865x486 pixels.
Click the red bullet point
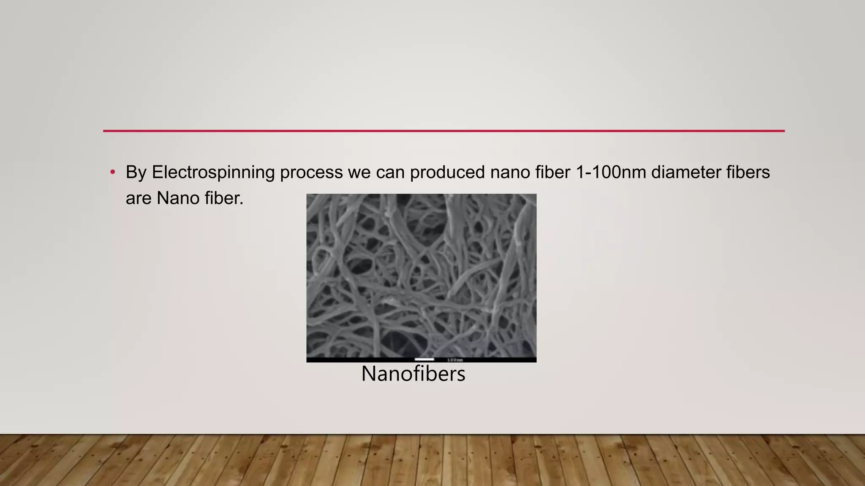coord(112,172)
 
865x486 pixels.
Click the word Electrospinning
coord(213,173)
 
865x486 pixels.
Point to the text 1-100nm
coord(611,173)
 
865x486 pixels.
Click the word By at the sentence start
coord(136,173)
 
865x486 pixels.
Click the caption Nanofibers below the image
coord(413,374)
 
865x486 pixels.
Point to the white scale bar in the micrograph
coord(424,359)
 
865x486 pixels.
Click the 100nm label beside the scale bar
coord(455,360)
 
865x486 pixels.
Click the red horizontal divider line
coord(443,131)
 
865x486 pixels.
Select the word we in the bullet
coord(359,173)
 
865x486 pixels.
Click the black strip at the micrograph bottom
coord(359,360)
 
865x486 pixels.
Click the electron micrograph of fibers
coord(421,274)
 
